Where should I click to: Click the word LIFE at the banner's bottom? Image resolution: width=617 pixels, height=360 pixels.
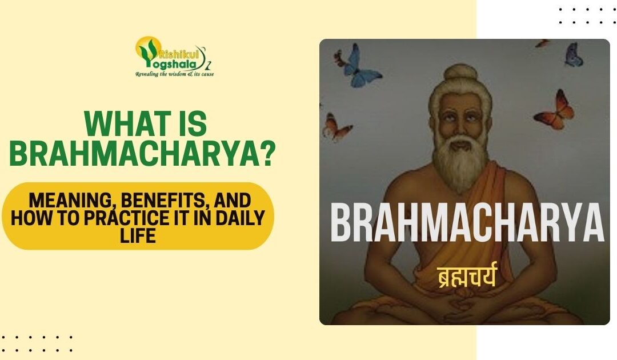tap(138, 234)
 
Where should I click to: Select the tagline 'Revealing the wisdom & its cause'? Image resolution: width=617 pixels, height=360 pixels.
tap(174, 74)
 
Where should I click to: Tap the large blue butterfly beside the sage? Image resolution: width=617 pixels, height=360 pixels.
tap(358, 66)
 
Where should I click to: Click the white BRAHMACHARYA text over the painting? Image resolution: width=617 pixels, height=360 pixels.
tap(466, 223)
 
